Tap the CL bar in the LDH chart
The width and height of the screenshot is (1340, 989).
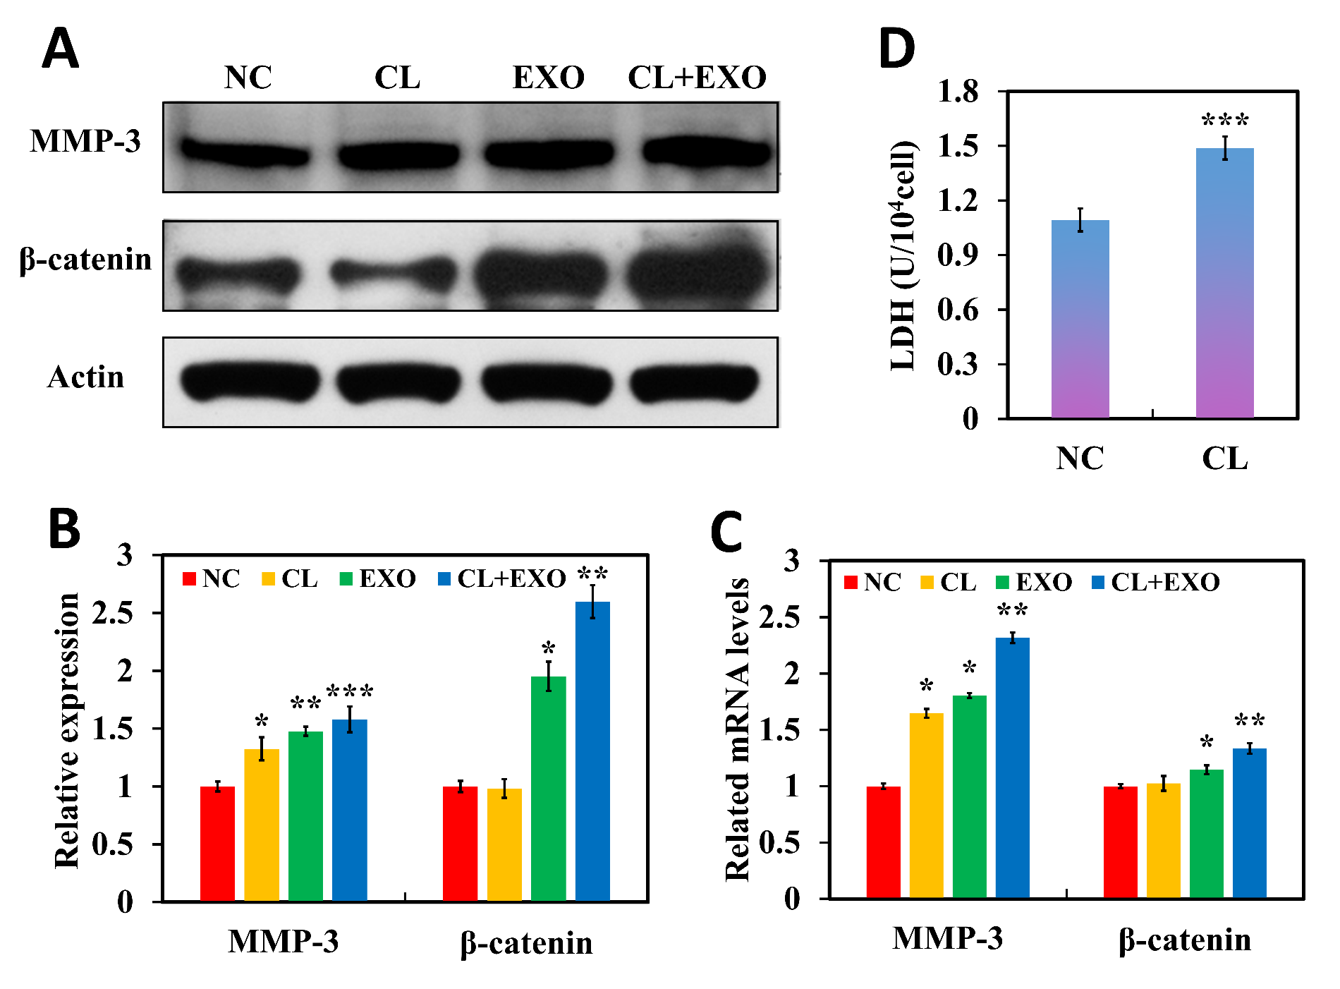click(x=1224, y=282)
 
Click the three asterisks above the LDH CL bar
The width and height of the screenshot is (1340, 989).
click(x=1225, y=120)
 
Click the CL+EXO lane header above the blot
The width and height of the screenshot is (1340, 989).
click(x=697, y=78)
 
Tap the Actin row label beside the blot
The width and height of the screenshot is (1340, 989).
click(x=85, y=377)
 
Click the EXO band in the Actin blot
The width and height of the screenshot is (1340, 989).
click(x=545, y=382)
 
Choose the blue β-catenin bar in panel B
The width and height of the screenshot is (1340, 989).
click(x=592, y=751)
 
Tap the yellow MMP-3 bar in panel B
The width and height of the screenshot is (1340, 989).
click(x=262, y=825)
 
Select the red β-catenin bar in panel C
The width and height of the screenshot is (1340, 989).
click(x=1120, y=842)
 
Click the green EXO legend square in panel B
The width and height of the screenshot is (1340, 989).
click(x=346, y=579)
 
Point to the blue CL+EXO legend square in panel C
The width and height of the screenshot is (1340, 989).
click(x=1097, y=583)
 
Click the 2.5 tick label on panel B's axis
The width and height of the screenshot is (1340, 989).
click(x=113, y=613)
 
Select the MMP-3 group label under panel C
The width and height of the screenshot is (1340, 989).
click(x=947, y=939)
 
